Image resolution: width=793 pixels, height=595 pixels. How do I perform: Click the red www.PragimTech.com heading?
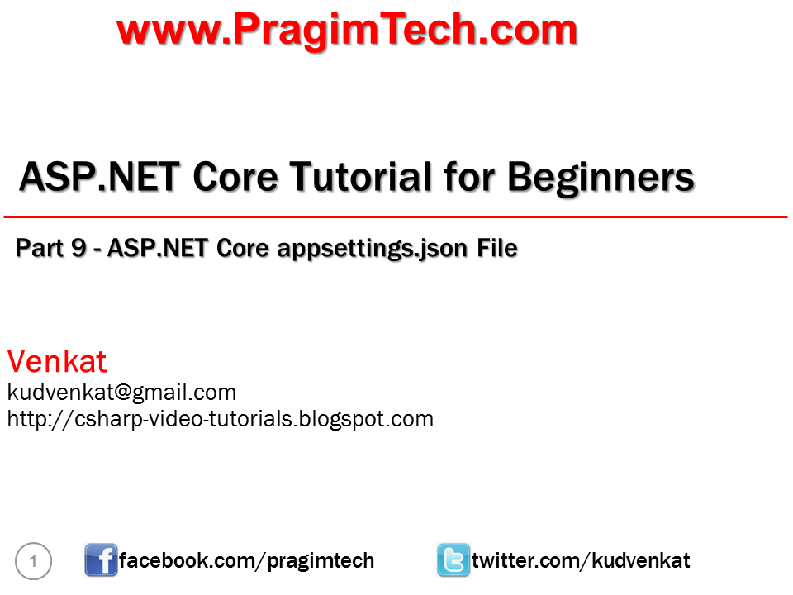point(347,31)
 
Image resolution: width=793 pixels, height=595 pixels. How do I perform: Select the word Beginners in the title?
point(601,177)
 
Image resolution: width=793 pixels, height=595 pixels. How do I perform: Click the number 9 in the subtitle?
point(79,248)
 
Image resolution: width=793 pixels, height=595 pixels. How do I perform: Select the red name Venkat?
point(57,361)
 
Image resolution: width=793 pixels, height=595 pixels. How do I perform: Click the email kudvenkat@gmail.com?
point(121,392)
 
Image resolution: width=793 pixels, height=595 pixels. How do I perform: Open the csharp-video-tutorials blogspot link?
point(220,418)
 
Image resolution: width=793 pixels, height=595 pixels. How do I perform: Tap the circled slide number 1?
point(34,562)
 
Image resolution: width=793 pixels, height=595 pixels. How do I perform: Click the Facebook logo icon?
point(101,561)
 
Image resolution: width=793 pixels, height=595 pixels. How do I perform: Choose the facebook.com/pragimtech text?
point(246,561)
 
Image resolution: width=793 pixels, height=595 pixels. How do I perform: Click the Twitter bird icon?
point(453,561)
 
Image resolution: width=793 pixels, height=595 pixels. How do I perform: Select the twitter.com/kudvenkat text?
point(580,561)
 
